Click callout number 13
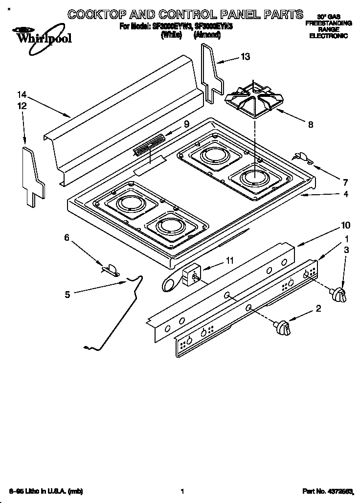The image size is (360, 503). [245, 57]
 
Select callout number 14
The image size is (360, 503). [21, 95]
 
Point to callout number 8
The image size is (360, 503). [311, 124]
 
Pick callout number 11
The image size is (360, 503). [229, 260]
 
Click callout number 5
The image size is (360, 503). [68, 294]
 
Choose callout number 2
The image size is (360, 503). [318, 308]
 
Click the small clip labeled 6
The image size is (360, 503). [111, 269]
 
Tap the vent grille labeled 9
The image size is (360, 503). [149, 146]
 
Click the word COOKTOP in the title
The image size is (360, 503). [96, 14]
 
